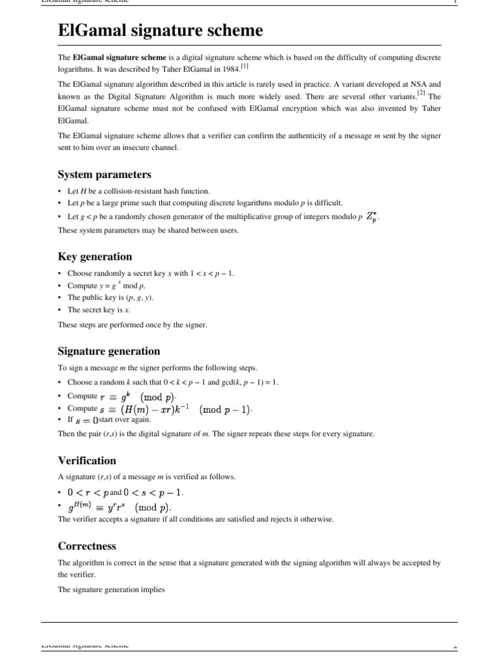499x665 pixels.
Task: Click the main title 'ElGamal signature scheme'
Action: point(160,31)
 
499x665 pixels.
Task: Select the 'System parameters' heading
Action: point(104,175)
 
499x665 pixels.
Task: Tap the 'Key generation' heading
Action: point(94,257)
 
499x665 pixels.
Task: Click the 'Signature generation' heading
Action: point(109,351)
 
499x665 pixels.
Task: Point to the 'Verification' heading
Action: point(87,461)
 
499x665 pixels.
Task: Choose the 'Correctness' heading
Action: point(88,546)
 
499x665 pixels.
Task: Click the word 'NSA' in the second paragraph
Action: point(416,84)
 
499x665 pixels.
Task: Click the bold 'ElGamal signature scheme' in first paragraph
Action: point(110,58)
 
